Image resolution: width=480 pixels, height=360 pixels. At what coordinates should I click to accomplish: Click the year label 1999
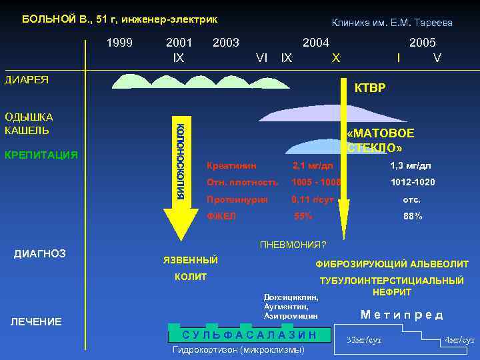tap(120, 43)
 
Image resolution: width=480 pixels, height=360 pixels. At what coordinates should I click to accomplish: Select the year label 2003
tap(225, 43)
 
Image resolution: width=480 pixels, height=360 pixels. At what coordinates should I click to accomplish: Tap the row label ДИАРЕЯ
tap(27, 80)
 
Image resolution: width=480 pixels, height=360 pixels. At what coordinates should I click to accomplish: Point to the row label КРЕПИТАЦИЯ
tap(41, 155)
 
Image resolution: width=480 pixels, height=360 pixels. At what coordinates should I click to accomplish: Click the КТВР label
tap(369, 89)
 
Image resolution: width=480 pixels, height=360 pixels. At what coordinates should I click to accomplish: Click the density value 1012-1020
tap(413, 182)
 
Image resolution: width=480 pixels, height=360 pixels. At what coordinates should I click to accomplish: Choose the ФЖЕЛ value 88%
tap(413, 216)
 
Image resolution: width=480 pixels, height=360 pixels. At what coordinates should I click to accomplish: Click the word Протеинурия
tap(237, 199)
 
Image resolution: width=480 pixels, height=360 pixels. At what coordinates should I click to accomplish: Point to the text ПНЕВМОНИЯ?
tap(293, 245)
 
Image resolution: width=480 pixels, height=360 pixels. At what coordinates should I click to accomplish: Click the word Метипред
tap(401, 315)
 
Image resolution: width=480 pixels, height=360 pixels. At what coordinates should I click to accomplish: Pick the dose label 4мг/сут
tap(459, 339)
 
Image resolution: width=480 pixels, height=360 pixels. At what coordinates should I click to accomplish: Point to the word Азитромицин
tap(291, 315)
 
